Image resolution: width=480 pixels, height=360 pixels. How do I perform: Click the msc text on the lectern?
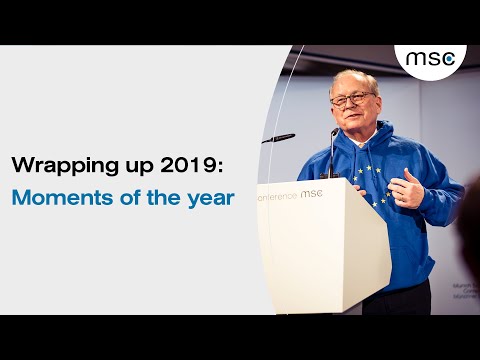click(x=311, y=193)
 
